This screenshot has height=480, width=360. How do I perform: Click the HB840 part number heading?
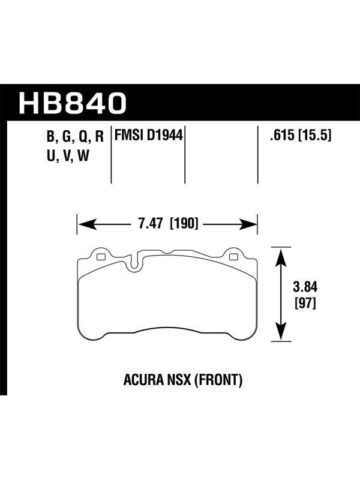click(73, 103)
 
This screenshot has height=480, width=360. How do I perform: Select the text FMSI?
click(129, 136)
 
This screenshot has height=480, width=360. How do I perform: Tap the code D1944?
click(164, 136)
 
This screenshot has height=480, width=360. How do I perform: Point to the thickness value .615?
click(281, 136)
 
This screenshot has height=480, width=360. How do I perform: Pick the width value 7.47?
click(151, 223)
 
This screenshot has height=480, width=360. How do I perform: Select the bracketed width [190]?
click(184, 223)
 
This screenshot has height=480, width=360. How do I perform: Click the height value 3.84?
click(305, 287)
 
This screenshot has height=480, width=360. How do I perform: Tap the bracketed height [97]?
click(305, 304)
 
